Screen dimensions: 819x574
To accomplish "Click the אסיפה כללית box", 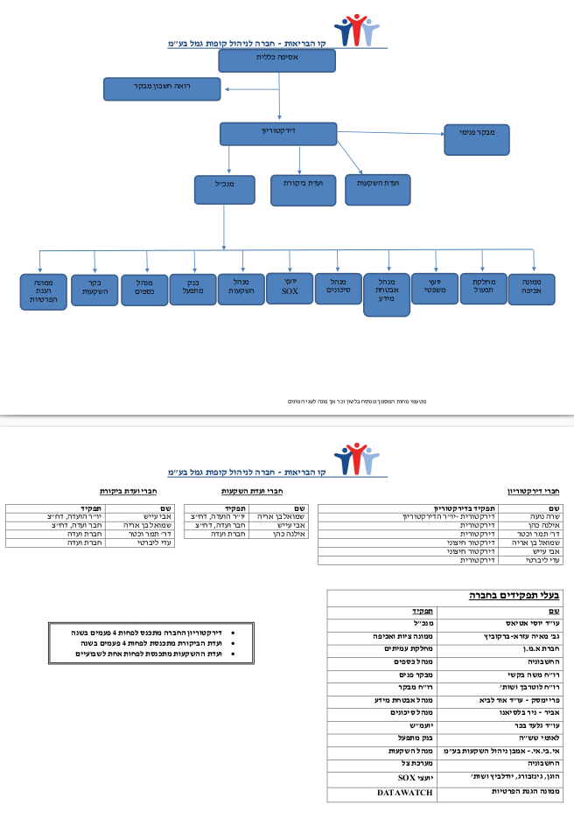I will click(x=276, y=60).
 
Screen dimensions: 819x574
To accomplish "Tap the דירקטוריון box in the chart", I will click(x=278, y=133).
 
